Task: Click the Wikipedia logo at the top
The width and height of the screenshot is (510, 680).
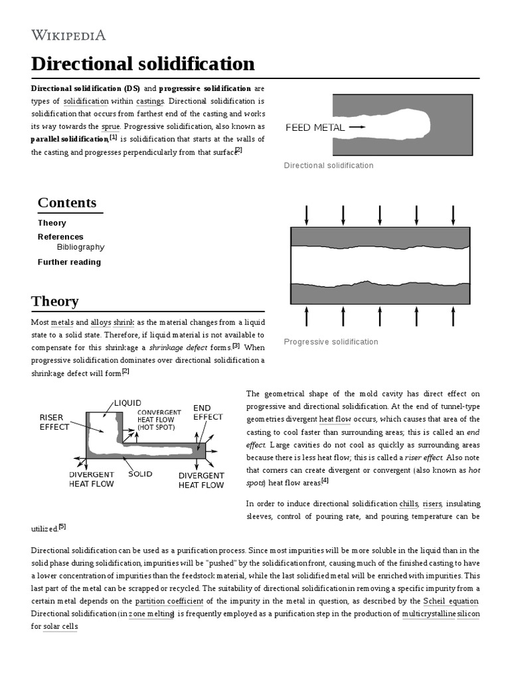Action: coord(68,35)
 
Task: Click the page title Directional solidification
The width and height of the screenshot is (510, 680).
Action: coord(143,64)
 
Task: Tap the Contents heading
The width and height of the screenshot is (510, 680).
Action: coord(67,203)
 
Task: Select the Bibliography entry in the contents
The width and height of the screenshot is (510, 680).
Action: coord(80,247)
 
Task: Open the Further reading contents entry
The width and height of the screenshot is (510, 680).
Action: coord(69,262)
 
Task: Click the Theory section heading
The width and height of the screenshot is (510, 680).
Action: coord(55,301)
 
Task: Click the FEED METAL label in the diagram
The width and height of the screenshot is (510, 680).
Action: coord(315,127)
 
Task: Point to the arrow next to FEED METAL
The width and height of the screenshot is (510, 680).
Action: coord(357,127)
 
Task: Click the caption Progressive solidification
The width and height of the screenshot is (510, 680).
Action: coord(331,342)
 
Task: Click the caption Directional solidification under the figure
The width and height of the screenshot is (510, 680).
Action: coord(328,165)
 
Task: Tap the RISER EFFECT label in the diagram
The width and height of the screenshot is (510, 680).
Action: coord(54,422)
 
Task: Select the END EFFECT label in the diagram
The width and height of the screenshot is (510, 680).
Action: coord(208,412)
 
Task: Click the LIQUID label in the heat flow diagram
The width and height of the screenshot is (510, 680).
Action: coord(127,403)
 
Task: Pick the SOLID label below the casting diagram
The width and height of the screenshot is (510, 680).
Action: coord(140,474)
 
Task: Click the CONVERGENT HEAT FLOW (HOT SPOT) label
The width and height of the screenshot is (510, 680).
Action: coord(159,419)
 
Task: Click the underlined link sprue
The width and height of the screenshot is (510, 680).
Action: coord(111,126)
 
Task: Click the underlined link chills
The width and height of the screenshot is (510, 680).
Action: coord(408,503)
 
